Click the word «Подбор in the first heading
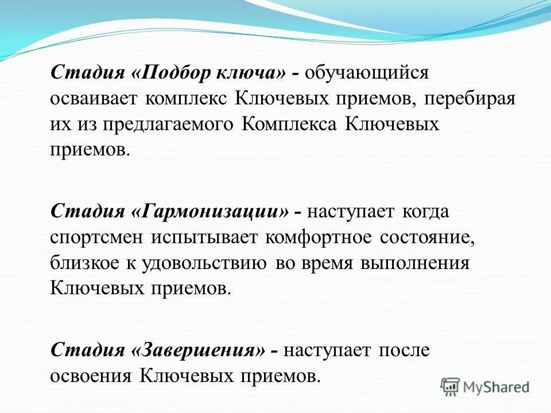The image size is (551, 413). [x=174, y=73]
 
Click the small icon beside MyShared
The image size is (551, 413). [x=451, y=387]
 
